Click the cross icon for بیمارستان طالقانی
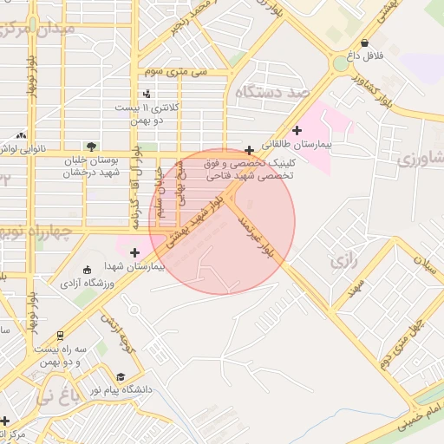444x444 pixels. click(x=297, y=131)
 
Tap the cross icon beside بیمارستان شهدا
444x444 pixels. click(x=134, y=252)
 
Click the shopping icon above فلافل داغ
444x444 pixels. click(x=364, y=42)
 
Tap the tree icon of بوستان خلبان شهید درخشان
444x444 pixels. click(x=92, y=146)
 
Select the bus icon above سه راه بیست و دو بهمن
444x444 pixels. click(x=60, y=335)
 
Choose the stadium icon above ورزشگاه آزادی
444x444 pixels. click(x=85, y=269)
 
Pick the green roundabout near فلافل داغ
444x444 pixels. click(x=341, y=63)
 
